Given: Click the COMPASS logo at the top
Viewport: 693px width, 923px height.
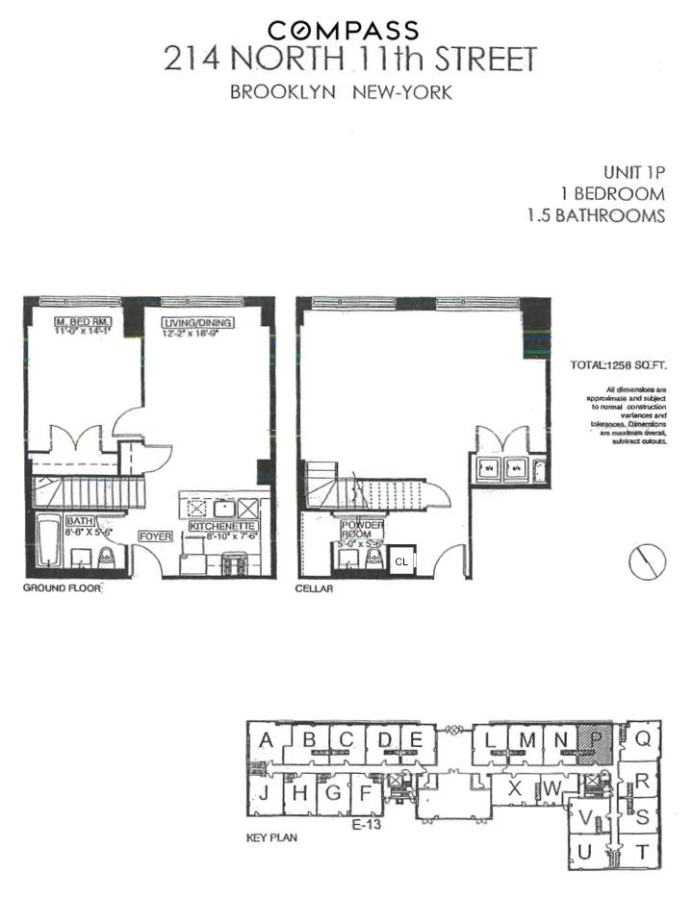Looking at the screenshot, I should coord(343,31).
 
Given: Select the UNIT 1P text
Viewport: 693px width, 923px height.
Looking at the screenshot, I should coord(633,172).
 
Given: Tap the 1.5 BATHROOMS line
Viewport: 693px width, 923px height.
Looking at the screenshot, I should coord(596,215).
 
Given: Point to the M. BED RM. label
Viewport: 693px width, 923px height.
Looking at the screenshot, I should coord(84,321).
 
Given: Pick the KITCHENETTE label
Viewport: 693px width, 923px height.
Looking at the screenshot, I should coord(222,528).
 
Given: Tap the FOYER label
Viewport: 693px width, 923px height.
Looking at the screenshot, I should coord(157,536).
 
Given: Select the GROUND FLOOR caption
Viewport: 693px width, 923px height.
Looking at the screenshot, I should coord(62,587).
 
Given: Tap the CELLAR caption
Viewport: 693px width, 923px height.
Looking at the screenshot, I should coord(314,588).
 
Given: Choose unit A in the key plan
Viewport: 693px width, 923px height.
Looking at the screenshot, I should coord(267,740).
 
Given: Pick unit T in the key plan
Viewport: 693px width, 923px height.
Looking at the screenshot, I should coord(642,851).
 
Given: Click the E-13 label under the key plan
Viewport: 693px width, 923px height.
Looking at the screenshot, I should coord(361,823).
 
